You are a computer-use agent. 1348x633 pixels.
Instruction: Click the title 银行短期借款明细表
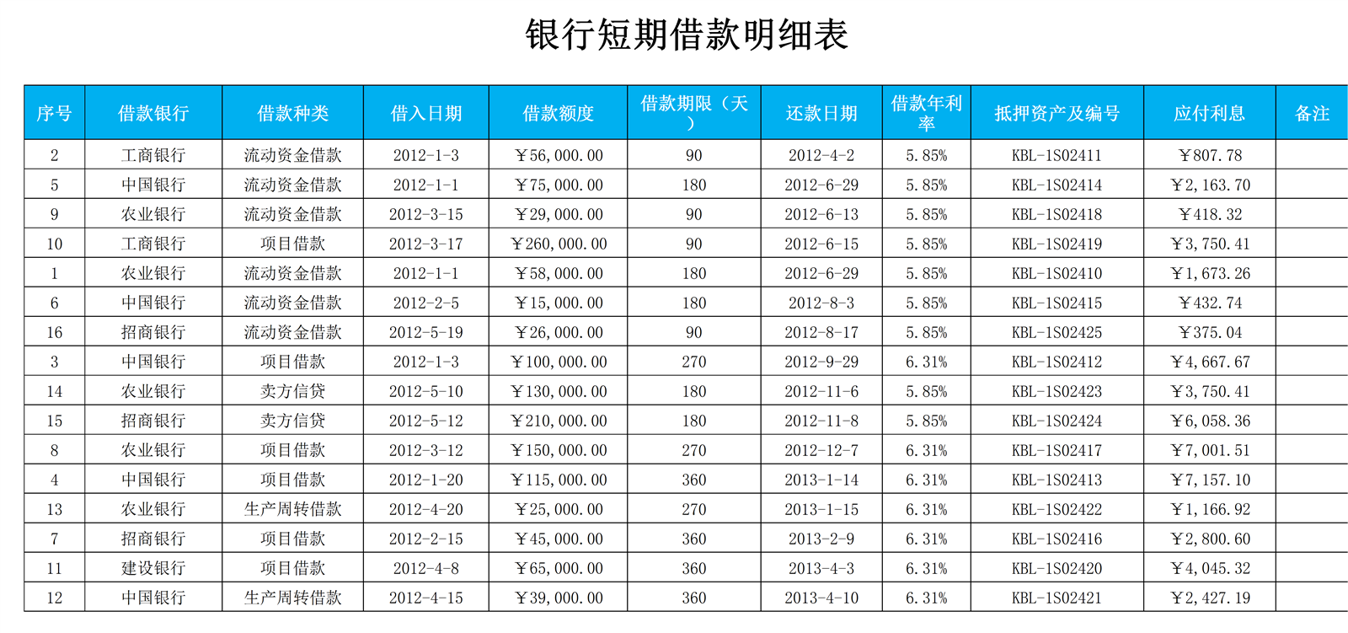coord(687,35)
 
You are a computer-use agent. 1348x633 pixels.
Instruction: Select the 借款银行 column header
coord(153,113)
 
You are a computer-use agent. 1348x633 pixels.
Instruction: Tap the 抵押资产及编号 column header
coord(1056,113)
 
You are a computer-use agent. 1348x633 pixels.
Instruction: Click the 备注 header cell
coord(1312,113)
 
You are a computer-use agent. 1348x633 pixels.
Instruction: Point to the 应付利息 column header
coord(1209,113)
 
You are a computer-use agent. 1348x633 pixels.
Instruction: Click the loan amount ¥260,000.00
coord(559,244)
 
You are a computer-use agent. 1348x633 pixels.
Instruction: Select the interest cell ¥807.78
coord(1210,155)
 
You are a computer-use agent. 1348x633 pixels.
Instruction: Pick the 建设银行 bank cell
coord(153,568)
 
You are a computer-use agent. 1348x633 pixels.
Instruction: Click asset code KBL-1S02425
coord(1056,332)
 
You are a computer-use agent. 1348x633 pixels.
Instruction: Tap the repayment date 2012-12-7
coord(821,450)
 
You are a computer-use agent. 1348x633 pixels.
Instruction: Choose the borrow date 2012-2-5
coord(426,303)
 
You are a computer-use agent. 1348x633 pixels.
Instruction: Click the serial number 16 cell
coord(55,332)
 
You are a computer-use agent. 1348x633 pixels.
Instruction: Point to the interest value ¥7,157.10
coord(1210,480)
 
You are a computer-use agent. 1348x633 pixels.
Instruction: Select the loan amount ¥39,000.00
coord(559,598)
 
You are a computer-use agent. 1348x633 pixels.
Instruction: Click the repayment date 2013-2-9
coord(821,539)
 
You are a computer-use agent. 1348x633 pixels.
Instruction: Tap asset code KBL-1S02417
coord(1056,450)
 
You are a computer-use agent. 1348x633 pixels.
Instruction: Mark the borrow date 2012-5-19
coord(426,332)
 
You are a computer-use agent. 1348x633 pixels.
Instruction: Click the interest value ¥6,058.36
coord(1210,421)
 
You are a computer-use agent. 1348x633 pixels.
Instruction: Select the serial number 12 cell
coord(55,598)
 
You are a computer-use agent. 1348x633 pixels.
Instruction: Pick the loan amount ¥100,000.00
coord(559,362)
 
